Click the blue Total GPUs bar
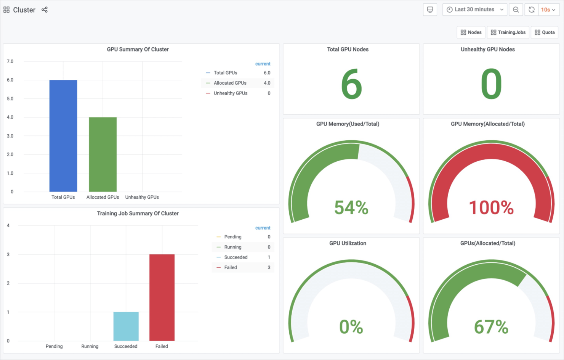tap(63, 136)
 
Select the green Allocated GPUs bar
tap(103, 154)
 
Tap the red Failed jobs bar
tap(162, 297)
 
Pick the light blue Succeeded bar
tap(126, 326)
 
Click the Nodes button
tap(471, 32)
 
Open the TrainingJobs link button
tap(508, 32)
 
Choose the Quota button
tap(545, 32)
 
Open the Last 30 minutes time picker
tap(474, 10)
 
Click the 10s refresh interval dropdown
tap(548, 10)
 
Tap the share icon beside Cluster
tap(45, 10)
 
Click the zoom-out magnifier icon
tap(516, 10)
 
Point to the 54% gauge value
tap(351, 208)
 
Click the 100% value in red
tap(491, 208)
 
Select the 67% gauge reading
tap(491, 327)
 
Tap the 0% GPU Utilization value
tap(351, 327)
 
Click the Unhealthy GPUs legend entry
tap(230, 93)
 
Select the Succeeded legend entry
tap(236, 257)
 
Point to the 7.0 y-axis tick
tap(10, 61)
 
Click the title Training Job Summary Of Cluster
tap(138, 214)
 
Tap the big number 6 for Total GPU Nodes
tap(351, 84)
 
